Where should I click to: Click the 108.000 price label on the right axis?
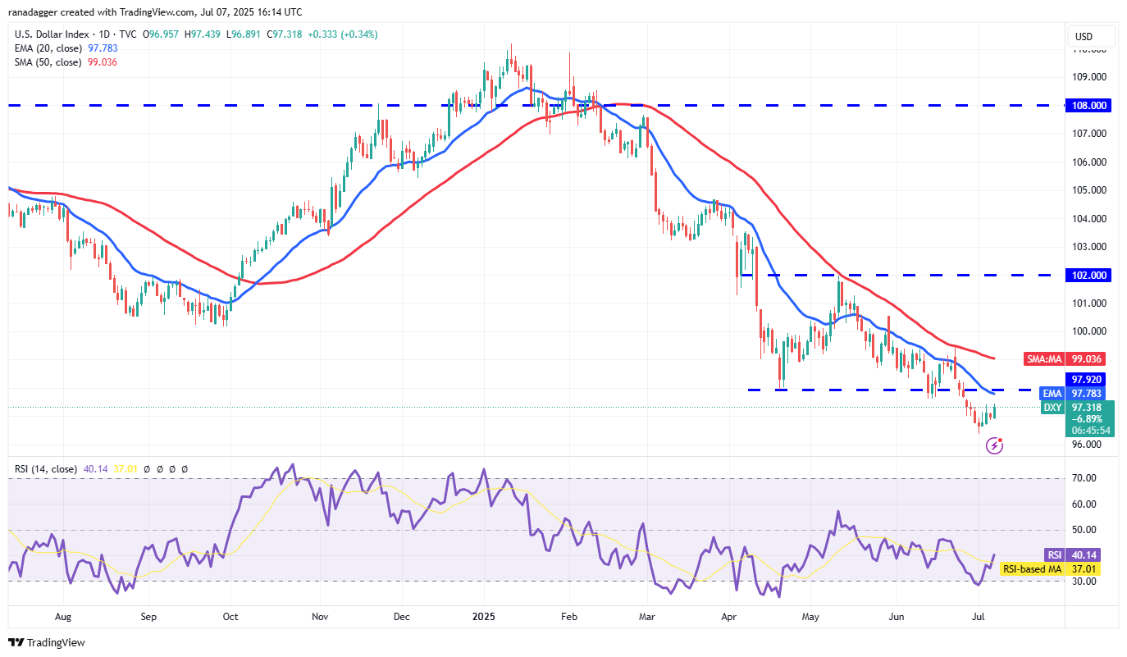1090,105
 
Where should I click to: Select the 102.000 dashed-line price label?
1090,276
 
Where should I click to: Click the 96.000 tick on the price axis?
1087,445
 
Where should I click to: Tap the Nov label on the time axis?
321,614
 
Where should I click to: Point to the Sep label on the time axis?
148,614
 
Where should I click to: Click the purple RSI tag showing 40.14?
1052,554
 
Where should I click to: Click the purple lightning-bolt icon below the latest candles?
994,446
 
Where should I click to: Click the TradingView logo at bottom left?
47,642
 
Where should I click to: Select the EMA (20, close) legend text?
48,48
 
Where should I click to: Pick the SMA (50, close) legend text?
48,62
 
